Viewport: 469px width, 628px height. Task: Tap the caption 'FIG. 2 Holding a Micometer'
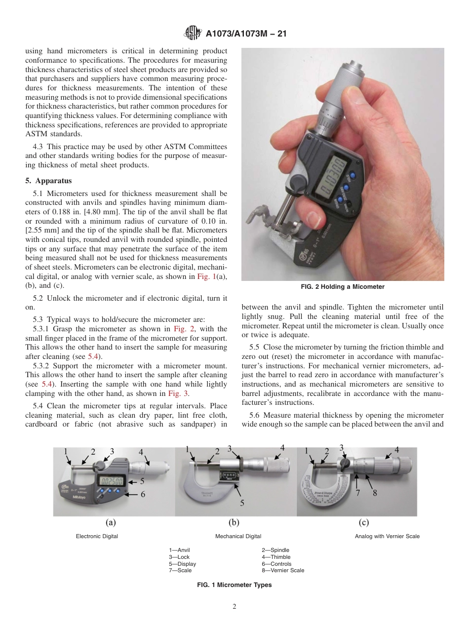point(343,287)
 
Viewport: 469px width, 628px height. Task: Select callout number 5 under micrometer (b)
point(242,503)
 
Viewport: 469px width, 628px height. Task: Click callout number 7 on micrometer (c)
point(358,492)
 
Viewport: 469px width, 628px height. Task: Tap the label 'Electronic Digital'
point(97,536)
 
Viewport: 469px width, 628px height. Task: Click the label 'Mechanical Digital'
point(238,536)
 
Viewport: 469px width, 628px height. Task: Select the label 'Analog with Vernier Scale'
point(387,536)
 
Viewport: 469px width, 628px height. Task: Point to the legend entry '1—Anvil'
point(179,550)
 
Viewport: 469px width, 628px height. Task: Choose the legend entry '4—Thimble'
point(276,557)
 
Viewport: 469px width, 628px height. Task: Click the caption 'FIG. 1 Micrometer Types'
point(234,585)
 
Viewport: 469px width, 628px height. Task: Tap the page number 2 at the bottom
point(234,607)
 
